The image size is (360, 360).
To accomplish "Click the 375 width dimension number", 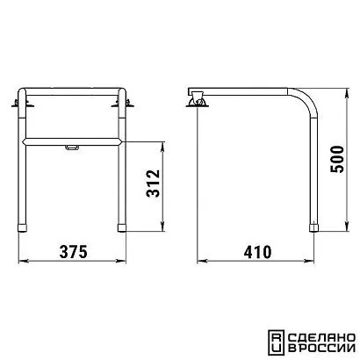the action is coord(74,252).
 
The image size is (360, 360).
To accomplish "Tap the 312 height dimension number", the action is coord(154,184).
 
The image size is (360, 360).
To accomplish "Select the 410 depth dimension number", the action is coord(257,252).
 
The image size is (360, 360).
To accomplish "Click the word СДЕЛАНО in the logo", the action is coord(322,337).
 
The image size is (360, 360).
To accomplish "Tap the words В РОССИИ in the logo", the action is coord(322,349).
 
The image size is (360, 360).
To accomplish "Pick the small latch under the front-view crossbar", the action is coord(72,148).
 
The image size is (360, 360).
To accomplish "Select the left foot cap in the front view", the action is coord(22,228).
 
